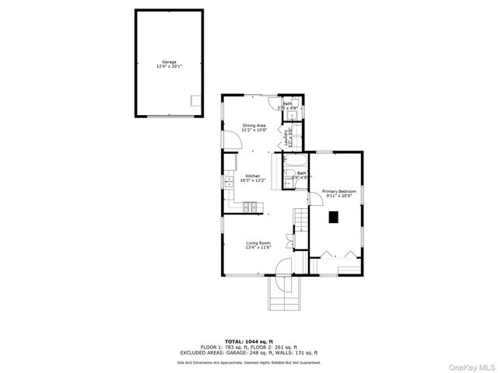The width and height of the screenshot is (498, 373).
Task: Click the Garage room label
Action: click(x=169, y=61)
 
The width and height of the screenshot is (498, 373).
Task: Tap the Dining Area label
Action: click(x=254, y=125)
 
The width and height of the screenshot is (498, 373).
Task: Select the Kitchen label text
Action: click(x=254, y=176)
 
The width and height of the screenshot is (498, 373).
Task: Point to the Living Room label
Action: click(x=258, y=243)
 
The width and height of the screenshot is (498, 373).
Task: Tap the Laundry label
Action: click(x=287, y=138)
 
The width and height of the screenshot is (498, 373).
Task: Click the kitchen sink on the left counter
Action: click(x=230, y=183)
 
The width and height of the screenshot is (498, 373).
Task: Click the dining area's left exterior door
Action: click(x=231, y=139)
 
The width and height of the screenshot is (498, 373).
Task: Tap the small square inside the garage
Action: click(x=196, y=99)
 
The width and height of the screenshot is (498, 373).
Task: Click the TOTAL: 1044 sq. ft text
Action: click(x=248, y=341)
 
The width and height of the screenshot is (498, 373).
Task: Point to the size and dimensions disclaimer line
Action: click(x=248, y=362)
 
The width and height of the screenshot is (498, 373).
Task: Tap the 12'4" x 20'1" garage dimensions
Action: click(x=169, y=66)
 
